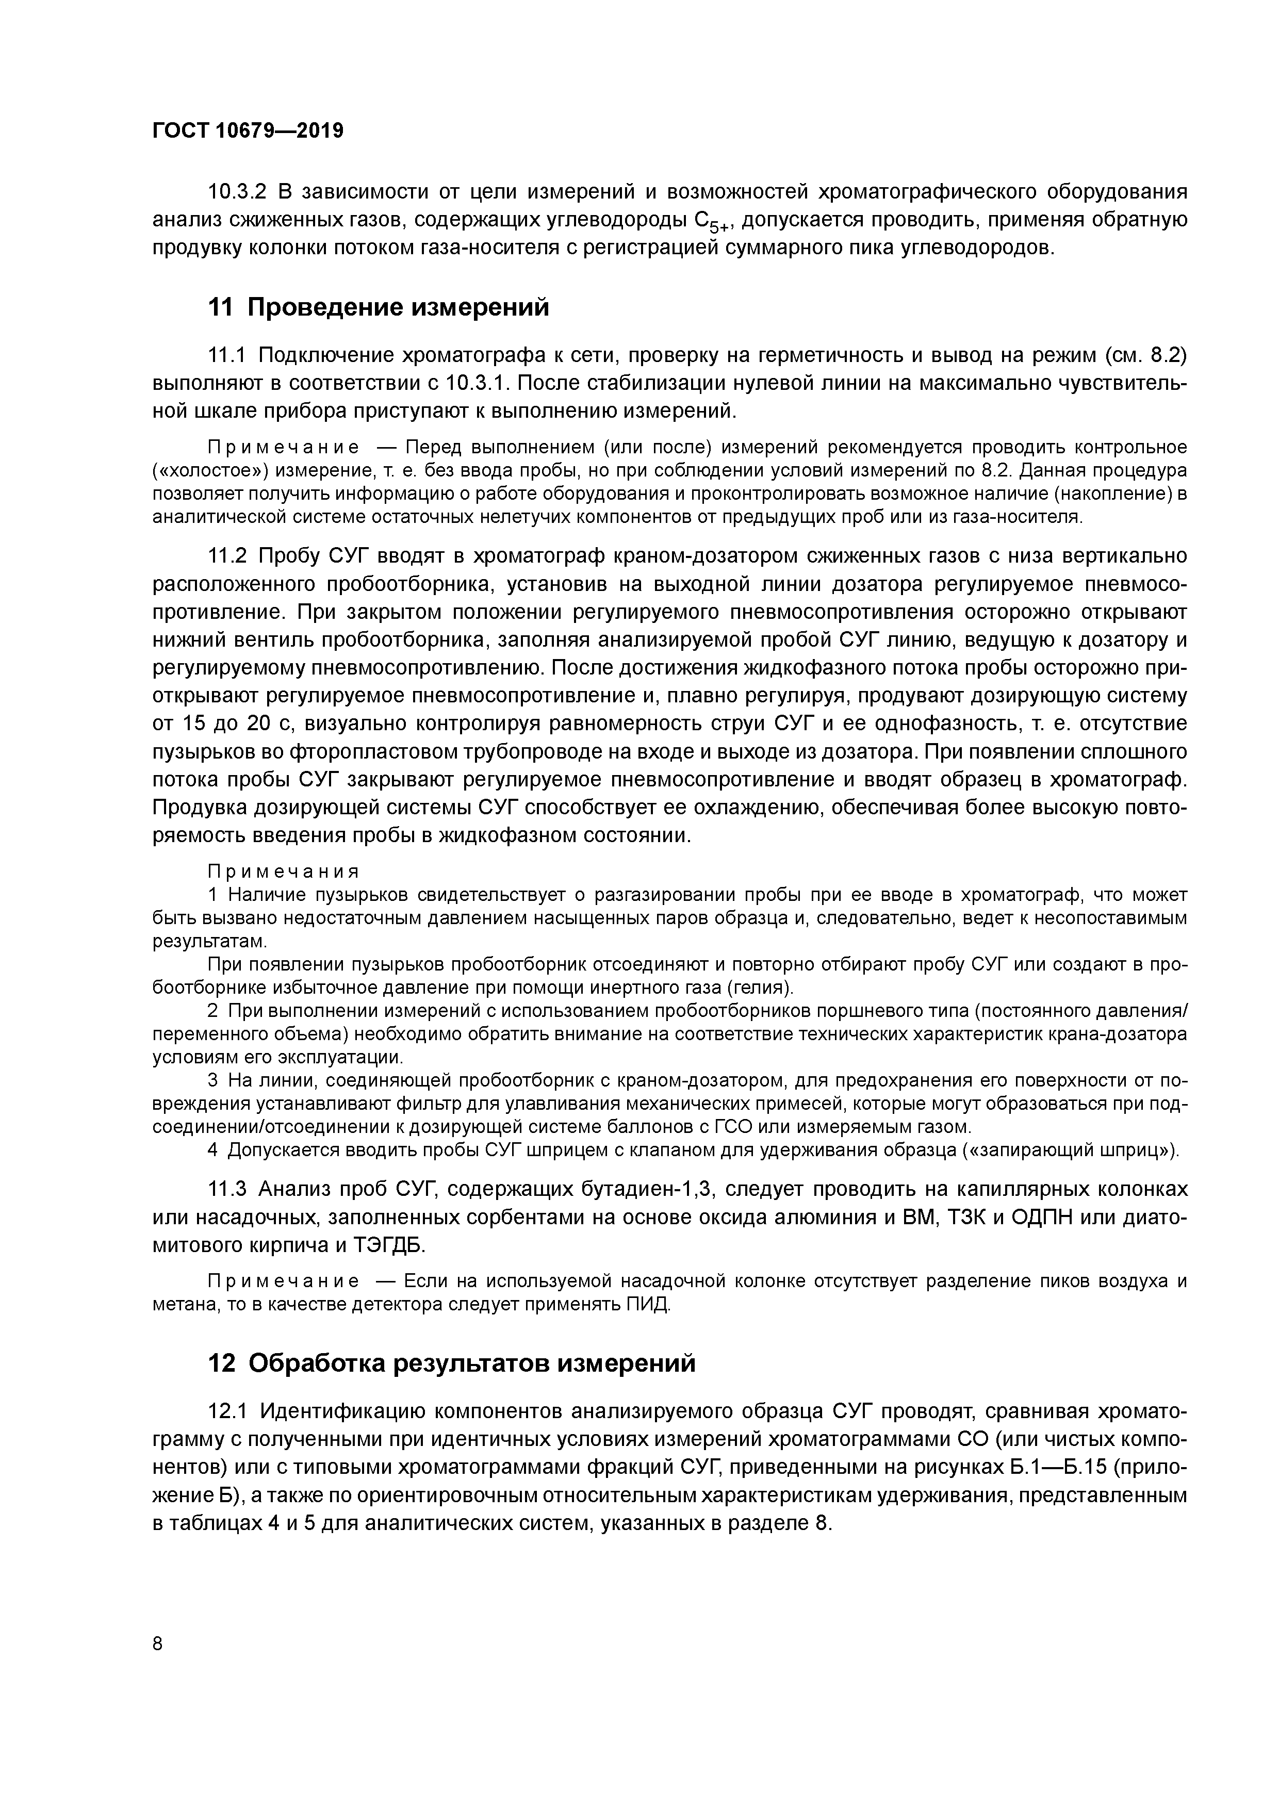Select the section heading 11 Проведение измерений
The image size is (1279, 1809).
[378, 307]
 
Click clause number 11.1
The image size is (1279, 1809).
[228, 355]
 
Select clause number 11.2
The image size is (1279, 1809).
[228, 556]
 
